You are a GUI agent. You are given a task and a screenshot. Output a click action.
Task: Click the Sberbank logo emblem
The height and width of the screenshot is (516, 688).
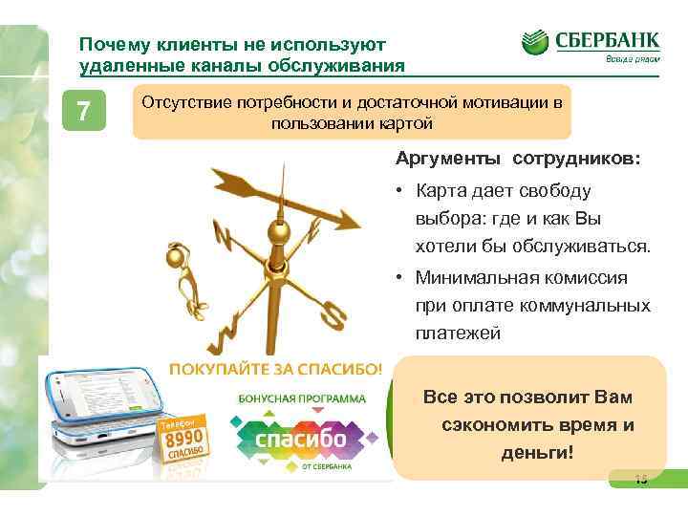[536, 43]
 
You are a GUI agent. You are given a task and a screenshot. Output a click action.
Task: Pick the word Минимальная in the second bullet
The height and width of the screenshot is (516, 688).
[472, 278]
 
